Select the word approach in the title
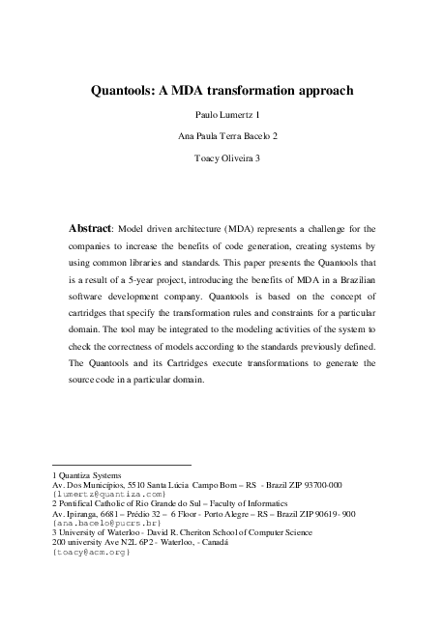(320, 91)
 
